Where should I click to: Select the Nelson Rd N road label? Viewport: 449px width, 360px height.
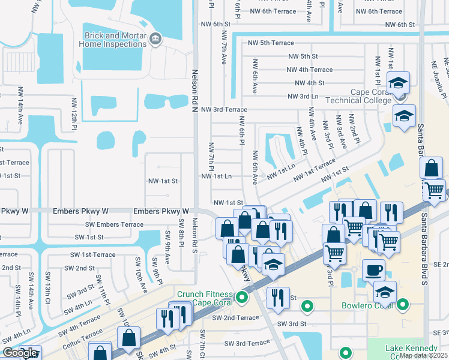tap(194, 90)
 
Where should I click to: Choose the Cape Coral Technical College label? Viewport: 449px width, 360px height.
tap(358, 96)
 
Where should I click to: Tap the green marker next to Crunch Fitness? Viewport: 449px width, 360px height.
tap(242, 297)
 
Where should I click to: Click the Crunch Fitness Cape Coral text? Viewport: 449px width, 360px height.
tap(204, 298)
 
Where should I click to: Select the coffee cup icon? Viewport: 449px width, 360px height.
tap(373, 269)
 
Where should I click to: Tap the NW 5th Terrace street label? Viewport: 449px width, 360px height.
tap(271, 43)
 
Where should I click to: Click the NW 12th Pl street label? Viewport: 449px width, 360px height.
tap(75, 110)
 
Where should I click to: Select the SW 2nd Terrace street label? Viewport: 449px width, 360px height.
tap(234, 317)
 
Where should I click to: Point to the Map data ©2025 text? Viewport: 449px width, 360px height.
tap(423, 355)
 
